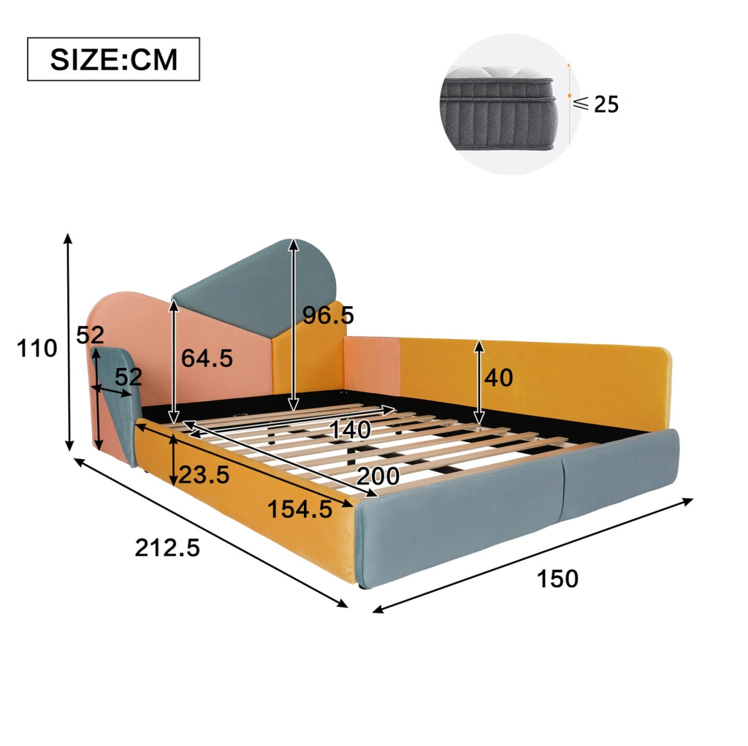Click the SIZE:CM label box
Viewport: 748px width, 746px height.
[113, 59]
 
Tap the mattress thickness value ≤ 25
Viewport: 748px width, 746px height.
[596, 104]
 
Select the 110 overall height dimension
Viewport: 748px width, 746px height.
[37, 349]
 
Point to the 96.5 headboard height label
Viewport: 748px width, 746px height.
[329, 315]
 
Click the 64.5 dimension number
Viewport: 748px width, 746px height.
[207, 358]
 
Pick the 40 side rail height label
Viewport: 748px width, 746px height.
[499, 378]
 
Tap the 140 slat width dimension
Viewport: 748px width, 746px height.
[351, 430]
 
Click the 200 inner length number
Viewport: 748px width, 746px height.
[378, 476]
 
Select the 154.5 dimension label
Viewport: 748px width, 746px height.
[299, 509]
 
